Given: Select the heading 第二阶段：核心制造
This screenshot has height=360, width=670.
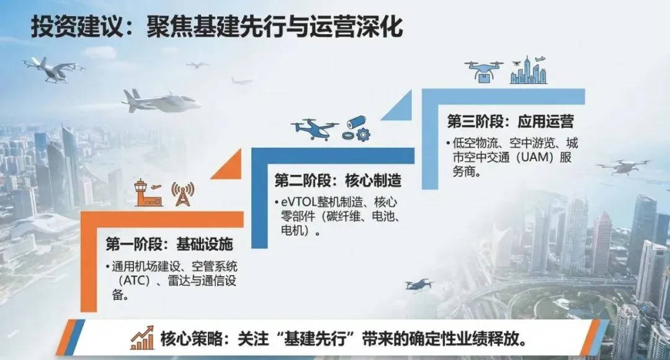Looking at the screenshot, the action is pyautogui.click(x=337, y=181).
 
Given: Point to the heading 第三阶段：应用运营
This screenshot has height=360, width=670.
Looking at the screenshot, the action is pyautogui.click(x=510, y=120).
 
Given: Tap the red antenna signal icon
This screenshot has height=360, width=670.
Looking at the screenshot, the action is pyautogui.click(x=182, y=194).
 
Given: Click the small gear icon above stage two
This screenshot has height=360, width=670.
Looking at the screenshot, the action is pyautogui.click(x=364, y=133).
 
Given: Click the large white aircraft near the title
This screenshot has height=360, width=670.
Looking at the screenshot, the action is pyautogui.click(x=161, y=102).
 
